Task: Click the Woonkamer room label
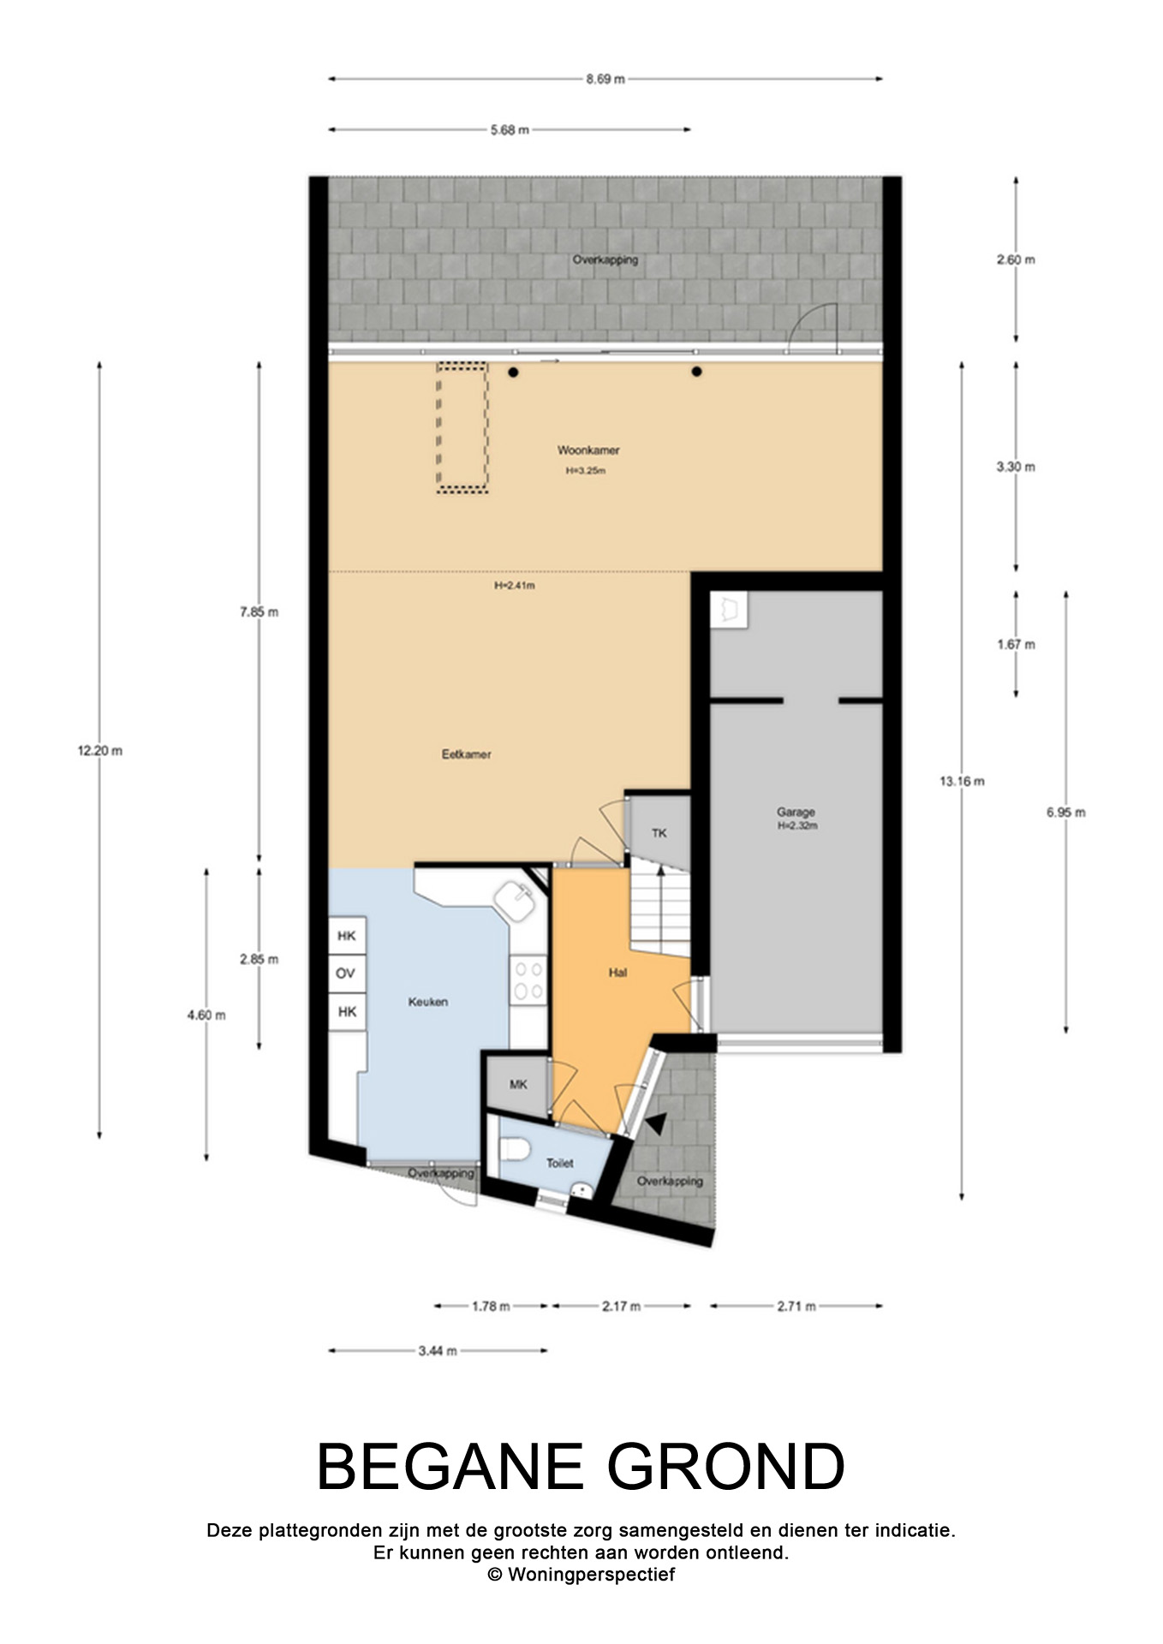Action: [x=588, y=450]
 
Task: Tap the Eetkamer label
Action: [x=466, y=754]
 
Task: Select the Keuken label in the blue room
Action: [x=427, y=1001]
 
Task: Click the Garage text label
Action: [x=796, y=812]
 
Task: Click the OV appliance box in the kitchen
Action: [x=346, y=974]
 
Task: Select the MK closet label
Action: [x=518, y=1084]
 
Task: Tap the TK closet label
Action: [x=659, y=832]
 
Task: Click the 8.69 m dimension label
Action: [x=605, y=79]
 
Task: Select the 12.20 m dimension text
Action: [x=100, y=751]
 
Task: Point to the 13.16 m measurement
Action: [x=962, y=781]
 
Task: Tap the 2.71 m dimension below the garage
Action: [x=796, y=1306]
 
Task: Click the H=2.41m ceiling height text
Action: [x=515, y=586]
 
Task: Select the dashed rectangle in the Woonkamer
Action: [x=462, y=428]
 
